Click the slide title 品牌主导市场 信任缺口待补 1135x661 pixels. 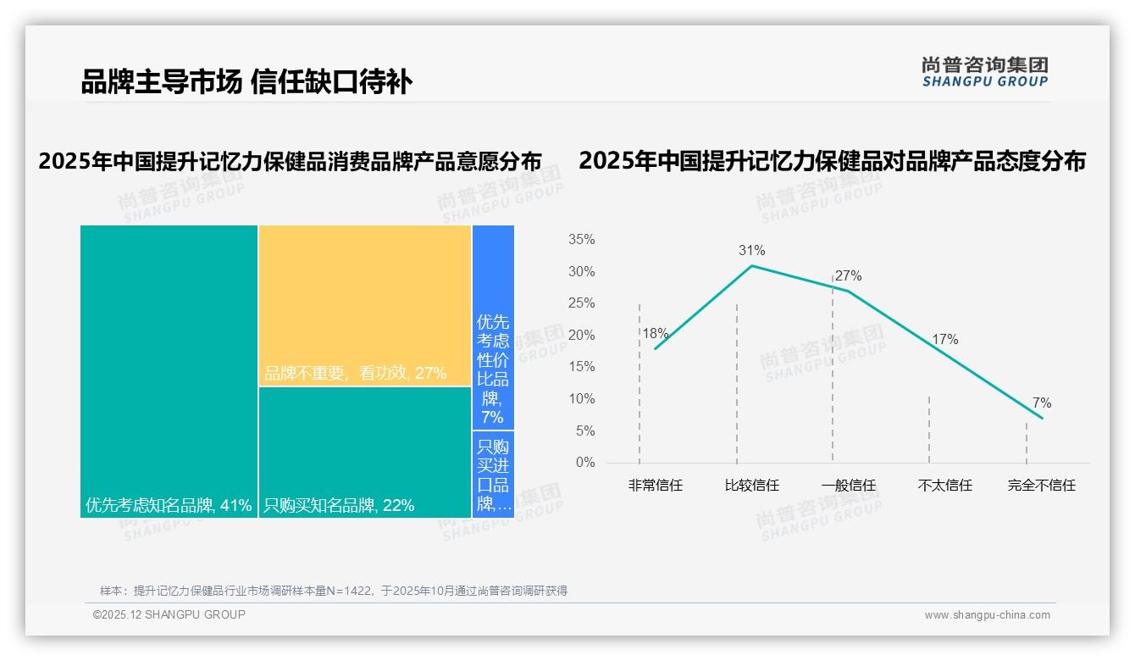click(x=246, y=82)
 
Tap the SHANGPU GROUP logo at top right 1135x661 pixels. click(x=984, y=72)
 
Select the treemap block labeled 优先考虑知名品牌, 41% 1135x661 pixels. click(x=169, y=371)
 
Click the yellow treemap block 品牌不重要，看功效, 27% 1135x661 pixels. click(x=364, y=305)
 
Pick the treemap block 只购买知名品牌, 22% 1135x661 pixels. click(x=364, y=452)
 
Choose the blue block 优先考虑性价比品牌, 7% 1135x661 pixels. click(x=493, y=327)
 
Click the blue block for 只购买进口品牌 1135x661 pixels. click(x=493, y=475)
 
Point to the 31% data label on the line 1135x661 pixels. click(x=751, y=250)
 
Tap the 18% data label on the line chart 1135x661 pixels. click(x=655, y=333)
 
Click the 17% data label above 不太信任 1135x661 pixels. click(x=944, y=339)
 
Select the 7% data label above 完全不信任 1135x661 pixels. click(x=1041, y=403)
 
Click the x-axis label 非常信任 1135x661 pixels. click(x=655, y=486)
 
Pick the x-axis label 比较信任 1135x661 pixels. click(x=751, y=486)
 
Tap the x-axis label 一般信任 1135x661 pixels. click(x=848, y=486)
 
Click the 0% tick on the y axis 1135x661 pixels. click(x=584, y=463)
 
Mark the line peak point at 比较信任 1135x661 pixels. click(x=751, y=265)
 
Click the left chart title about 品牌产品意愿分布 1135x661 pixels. click(x=290, y=161)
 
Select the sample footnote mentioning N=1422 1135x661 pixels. click(x=333, y=591)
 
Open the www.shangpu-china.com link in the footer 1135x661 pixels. click(x=987, y=615)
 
